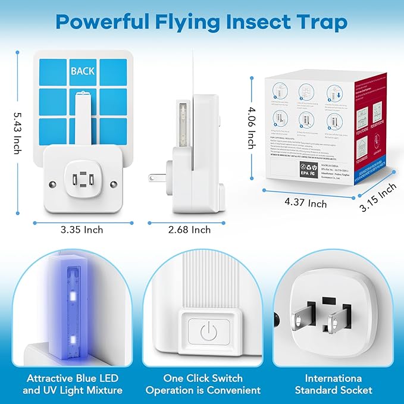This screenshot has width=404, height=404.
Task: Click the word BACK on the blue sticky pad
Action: coord(83,71)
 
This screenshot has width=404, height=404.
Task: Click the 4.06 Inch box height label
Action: coord(252,128)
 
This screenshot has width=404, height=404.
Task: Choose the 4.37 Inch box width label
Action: coord(306,203)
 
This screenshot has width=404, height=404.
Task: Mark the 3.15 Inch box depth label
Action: coord(378,196)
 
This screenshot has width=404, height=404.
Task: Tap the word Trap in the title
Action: coord(322,23)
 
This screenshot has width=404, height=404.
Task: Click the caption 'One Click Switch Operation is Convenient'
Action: coord(203,384)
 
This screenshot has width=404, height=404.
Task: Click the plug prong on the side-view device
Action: coord(156,178)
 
